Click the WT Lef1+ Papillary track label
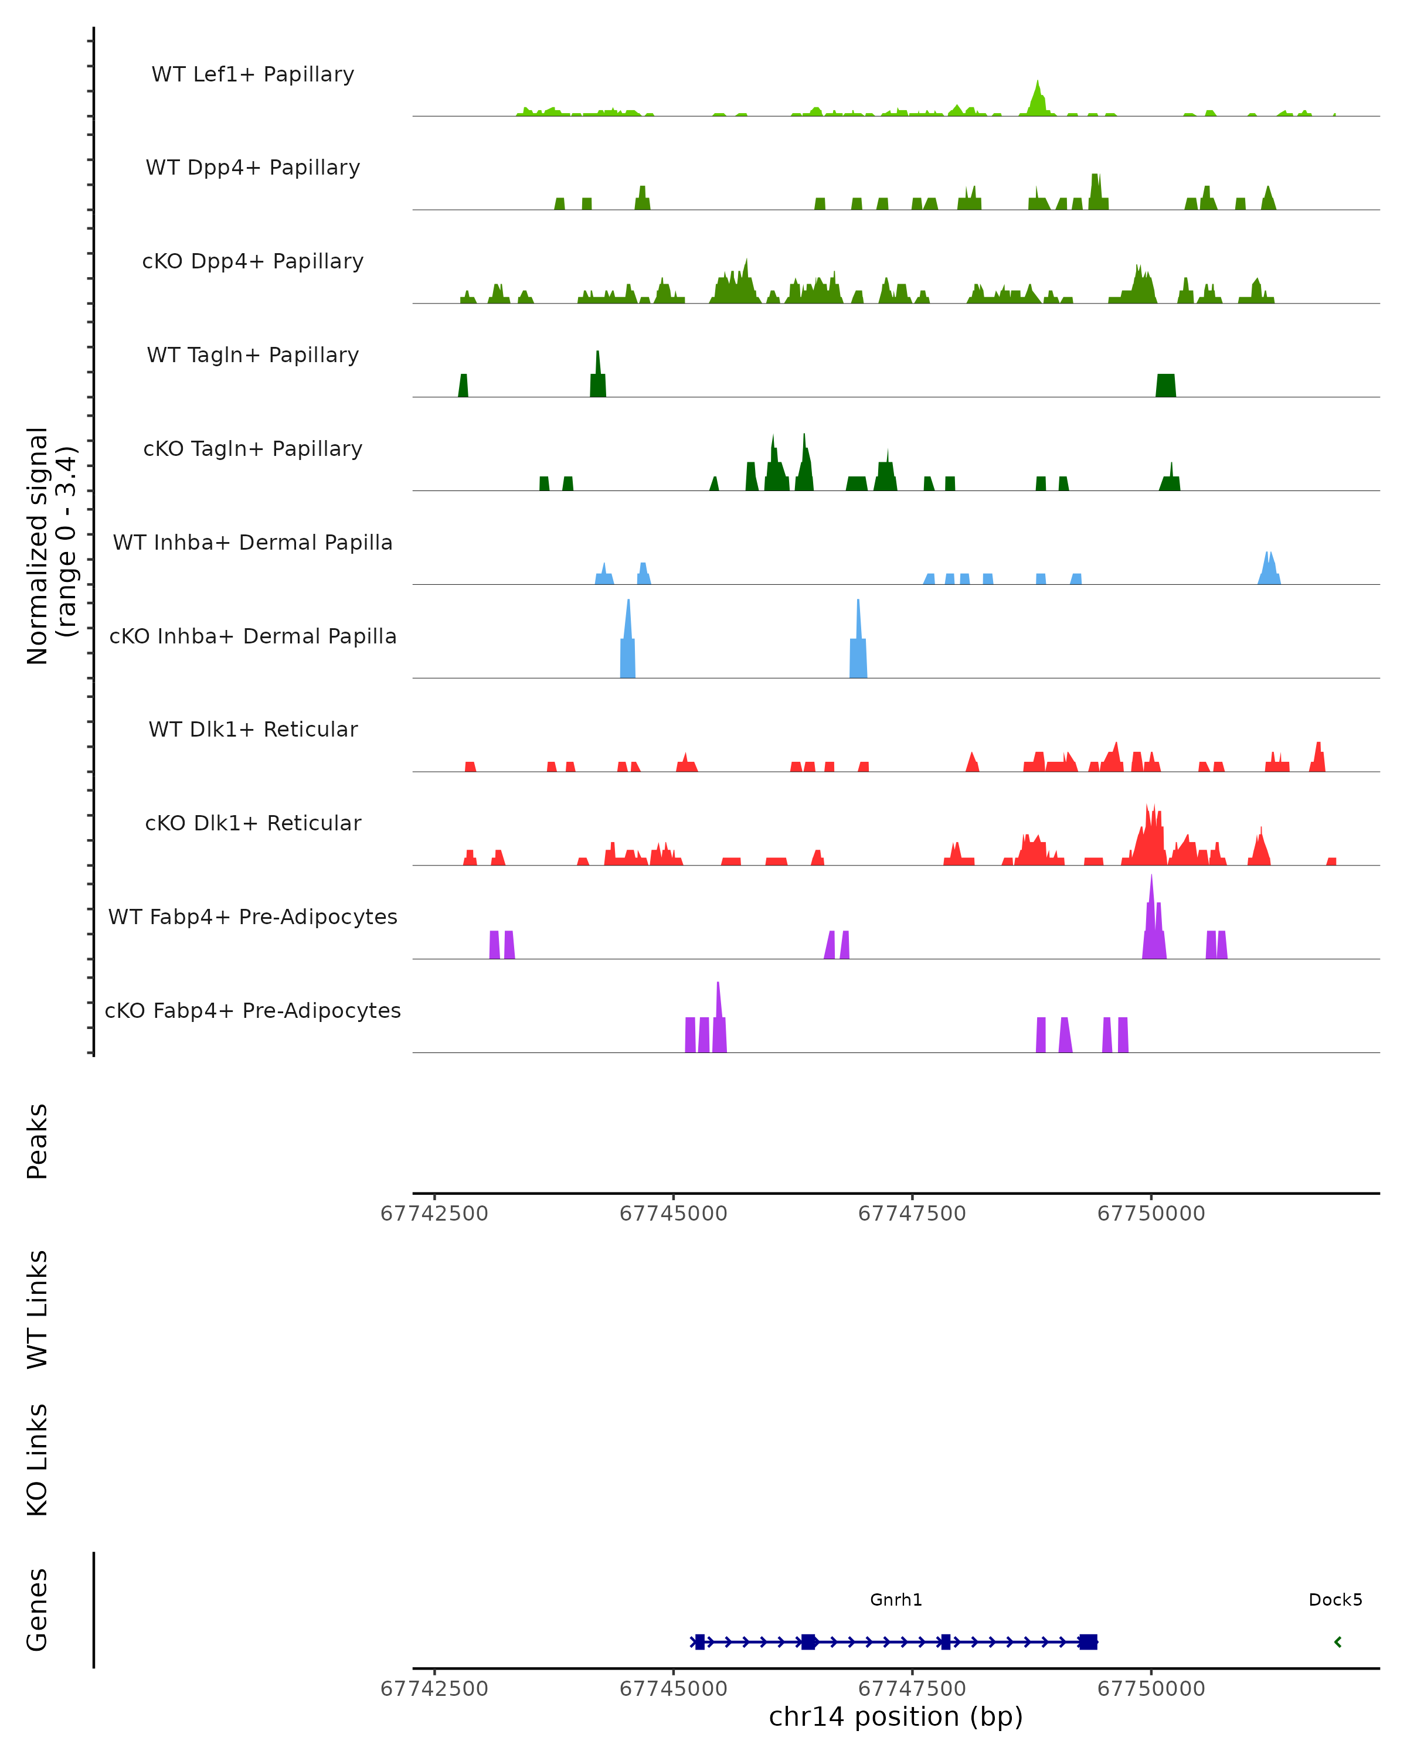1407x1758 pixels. point(253,75)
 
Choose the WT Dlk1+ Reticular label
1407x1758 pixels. point(253,730)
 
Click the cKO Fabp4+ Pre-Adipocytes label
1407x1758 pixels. point(253,1011)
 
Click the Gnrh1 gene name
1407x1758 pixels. point(896,1600)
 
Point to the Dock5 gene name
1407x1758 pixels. point(1335,1600)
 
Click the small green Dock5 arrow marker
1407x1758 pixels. point(1338,1641)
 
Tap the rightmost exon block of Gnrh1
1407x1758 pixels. point(1088,1641)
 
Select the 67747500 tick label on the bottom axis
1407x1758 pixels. point(912,1689)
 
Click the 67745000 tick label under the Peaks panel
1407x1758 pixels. point(673,1214)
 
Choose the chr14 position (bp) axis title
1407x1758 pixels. point(896,1717)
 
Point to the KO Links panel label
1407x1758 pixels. point(38,1460)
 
